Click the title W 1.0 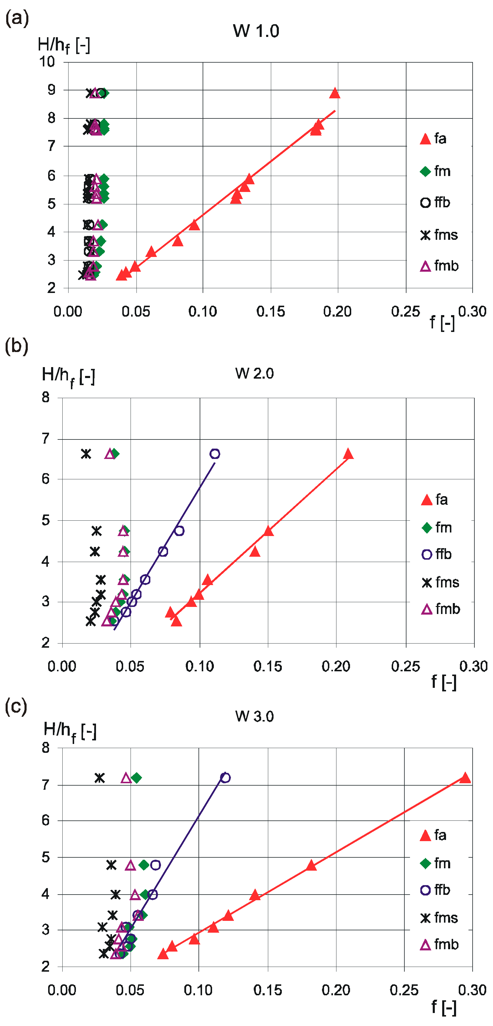click(x=256, y=31)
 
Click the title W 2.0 click(x=254, y=374)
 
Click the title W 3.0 click(x=254, y=716)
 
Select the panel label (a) click(x=17, y=18)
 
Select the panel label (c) click(x=16, y=706)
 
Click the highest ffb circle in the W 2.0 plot click(x=215, y=454)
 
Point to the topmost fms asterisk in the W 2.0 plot click(x=86, y=454)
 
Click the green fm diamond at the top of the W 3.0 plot click(x=136, y=777)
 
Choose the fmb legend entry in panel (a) click(x=440, y=266)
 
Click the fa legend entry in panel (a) click(x=434, y=139)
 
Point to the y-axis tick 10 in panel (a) click(x=47, y=62)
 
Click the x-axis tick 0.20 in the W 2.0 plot click(x=336, y=666)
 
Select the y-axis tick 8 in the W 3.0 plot click(x=46, y=747)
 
